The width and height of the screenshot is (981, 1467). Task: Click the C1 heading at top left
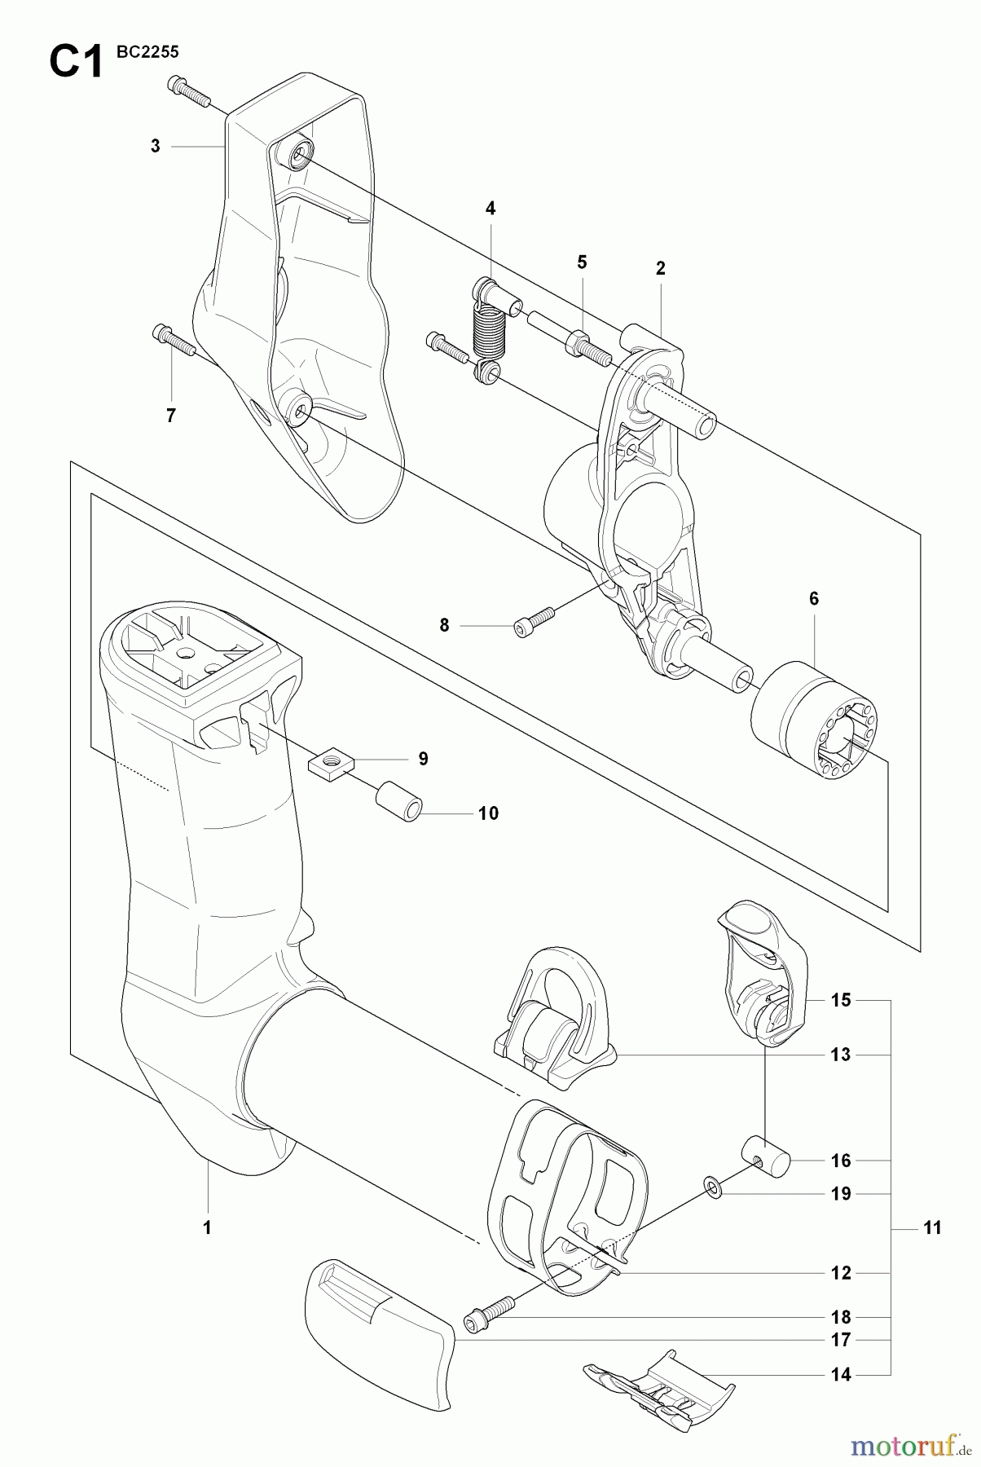77,61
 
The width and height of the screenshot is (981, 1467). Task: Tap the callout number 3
156,147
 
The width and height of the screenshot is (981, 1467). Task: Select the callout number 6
814,598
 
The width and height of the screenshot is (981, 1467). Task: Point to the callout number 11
933,1227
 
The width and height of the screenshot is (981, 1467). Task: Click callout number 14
841,1375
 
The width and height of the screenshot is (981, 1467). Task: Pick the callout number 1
207,1227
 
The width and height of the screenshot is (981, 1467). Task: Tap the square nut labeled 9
331,764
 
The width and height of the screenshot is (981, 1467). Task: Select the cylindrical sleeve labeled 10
398,802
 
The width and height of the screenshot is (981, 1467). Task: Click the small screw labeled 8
534,621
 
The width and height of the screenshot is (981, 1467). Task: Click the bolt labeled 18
489,1313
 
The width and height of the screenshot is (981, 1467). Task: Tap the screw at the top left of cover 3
189,92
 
